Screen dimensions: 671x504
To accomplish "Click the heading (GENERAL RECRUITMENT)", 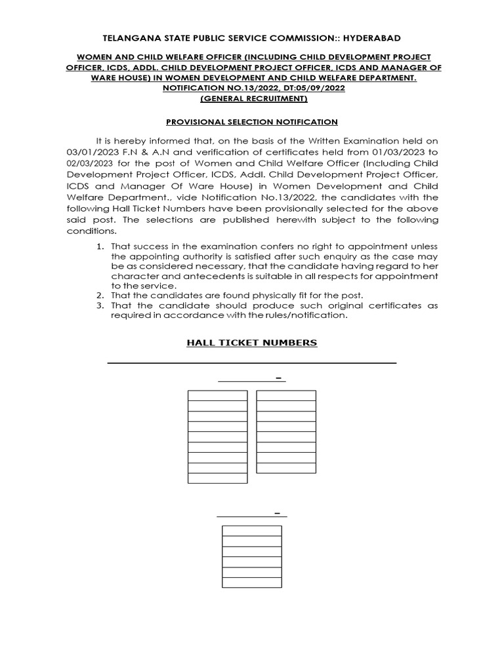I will [252, 99].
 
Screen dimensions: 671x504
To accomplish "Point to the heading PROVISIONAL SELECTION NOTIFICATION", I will [251, 122].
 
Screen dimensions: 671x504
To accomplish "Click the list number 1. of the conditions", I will [100, 246].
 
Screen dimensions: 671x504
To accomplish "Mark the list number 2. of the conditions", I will [100, 296].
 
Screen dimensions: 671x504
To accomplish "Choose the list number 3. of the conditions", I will [100, 305].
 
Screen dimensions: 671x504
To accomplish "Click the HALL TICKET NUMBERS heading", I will [251, 343].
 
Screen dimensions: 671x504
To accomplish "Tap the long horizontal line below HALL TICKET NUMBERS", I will [251, 362].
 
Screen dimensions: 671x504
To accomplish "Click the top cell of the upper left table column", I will [217, 395].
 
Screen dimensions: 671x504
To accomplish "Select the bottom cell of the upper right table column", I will [285, 468].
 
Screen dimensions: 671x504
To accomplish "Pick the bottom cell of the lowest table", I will [252, 583].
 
